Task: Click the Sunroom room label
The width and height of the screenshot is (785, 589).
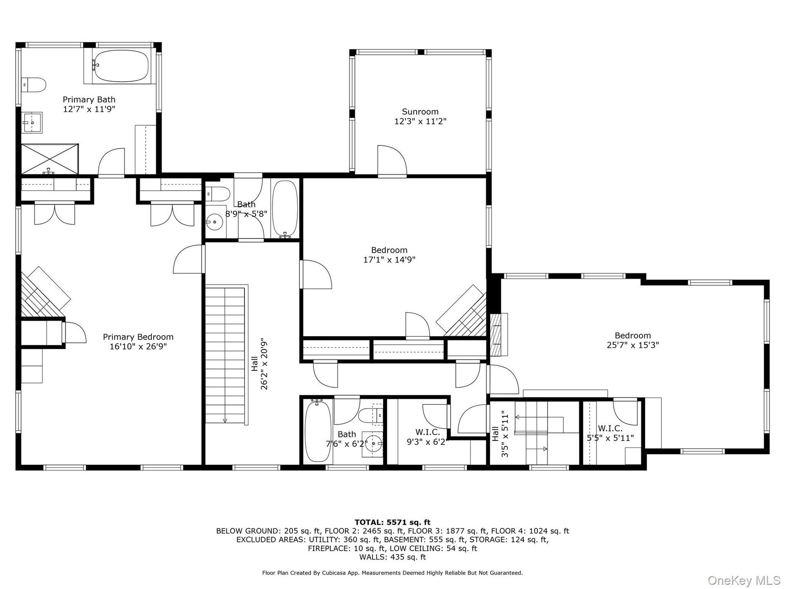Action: [x=420, y=112]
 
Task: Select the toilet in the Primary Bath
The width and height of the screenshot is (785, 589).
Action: [x=34, y=85]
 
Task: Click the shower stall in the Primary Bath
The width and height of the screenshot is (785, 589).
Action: [x=49, y=159]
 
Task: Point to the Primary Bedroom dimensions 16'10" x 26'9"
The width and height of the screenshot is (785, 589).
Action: [x=138, y=347]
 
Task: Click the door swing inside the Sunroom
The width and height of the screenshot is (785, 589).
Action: [x=392, y=161]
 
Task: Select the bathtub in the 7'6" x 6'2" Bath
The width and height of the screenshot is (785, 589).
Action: [x=318, y=431]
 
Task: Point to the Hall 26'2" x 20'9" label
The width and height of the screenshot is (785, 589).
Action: [x=259, y=364]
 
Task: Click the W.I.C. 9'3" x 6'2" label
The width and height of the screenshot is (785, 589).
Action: [x=427, y=437]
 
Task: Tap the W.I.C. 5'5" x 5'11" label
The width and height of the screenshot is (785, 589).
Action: [x=610, y=433]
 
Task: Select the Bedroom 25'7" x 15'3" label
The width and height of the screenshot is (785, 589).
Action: [x=633, y=340]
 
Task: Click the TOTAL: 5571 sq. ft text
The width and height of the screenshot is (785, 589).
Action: [x=392, y=522]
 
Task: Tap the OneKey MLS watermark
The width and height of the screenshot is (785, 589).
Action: [x=744, y=580]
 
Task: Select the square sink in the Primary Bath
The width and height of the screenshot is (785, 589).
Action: [x=32, y=122]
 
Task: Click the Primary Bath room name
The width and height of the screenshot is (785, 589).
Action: [x=89, y=99]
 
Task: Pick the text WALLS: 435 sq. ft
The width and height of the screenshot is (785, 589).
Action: [x=392, y=557]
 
